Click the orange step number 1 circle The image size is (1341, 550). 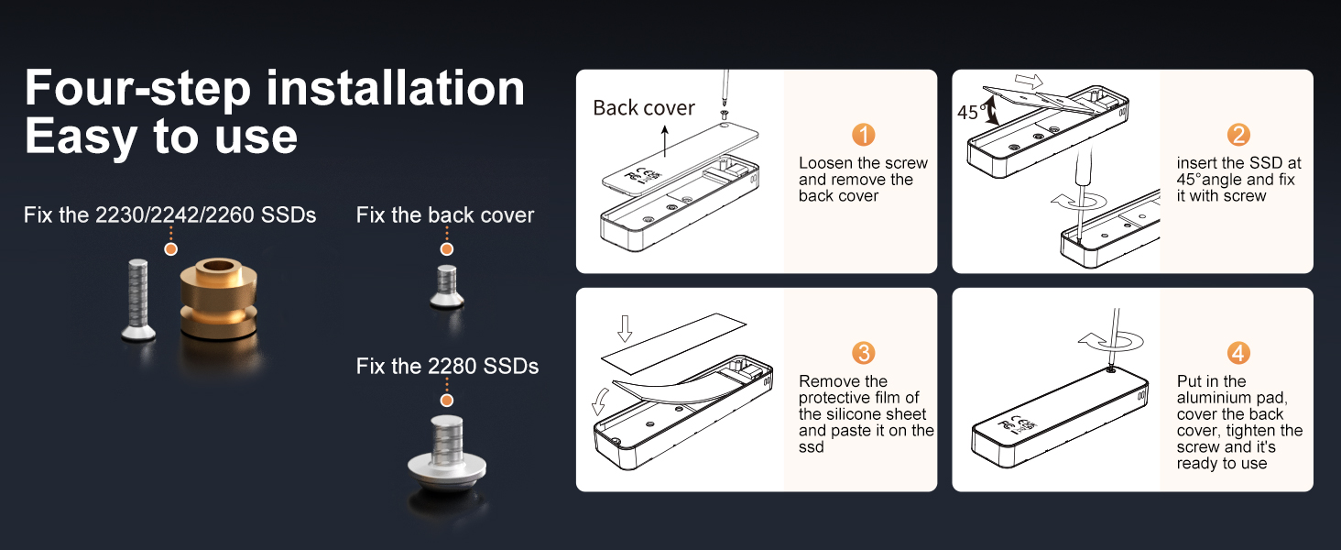(863, 135)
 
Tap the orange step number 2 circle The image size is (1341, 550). (1238, 135)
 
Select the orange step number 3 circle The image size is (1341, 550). (863, 353)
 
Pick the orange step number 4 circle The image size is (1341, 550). (1238, 353)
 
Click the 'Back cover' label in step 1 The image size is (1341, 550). (643, 108)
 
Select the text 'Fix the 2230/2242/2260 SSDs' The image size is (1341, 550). (169, 215)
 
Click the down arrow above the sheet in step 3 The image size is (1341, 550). (625, 328)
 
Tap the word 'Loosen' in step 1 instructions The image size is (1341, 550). (826, 163)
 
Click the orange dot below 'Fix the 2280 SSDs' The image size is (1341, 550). (446, 401)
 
